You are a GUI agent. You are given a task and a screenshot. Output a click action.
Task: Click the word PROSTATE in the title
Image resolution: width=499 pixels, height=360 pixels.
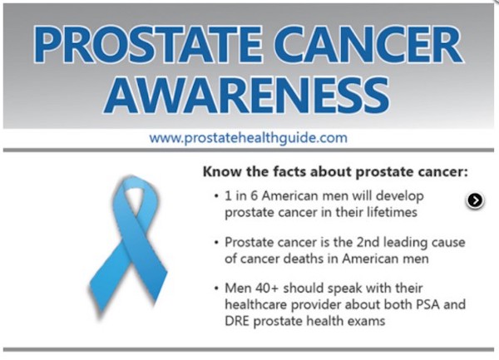tap(148, 45)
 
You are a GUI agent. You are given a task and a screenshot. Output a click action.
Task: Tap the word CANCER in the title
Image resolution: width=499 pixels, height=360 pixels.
tap(368, 45)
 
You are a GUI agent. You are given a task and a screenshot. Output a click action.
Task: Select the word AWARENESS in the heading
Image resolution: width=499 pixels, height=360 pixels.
tap(247, 95)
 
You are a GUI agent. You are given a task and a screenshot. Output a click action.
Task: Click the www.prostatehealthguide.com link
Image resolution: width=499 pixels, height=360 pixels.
tap(248, 138)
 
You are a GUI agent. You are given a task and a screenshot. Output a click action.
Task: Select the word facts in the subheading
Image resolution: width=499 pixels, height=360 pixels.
tap(289, 172)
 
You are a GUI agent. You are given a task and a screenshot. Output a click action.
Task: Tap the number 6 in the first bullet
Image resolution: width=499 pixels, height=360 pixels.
tap(254, 195)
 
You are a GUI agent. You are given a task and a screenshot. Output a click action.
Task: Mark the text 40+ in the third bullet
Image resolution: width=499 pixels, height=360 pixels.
tap(266, 288)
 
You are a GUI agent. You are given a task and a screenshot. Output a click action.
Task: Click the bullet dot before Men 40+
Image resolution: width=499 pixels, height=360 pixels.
tap(217, 288)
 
